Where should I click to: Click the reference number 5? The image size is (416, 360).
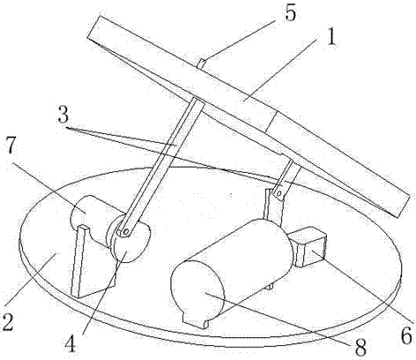pyautogui.click(x=290, y=13)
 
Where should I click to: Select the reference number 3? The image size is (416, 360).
pyautogui.click(x=63, y=115)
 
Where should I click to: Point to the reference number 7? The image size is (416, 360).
pyautogui.click(x=11, y=145)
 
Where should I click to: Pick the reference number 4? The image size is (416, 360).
pyautogui.click(x=71, y=344)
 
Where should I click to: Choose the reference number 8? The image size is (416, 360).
pyautogui.click(x=360, y=348)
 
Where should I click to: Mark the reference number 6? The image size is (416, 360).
pyautogui.click(x=406, y=335)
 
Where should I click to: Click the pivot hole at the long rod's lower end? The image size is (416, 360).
pyautogui.click(x=126, y=232)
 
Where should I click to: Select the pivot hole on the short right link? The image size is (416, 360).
pyautogui.click(x=279, y=193)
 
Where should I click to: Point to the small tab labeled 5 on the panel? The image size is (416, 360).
pyautogui.click(x=202, y=64)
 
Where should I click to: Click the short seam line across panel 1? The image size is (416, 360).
pyautogui.click(x=271, y=122)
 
